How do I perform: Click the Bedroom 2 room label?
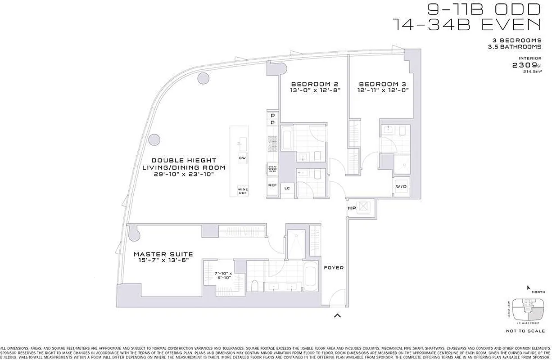click(314, 84)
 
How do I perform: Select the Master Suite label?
click(163, 254)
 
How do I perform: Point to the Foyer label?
click(334, 268)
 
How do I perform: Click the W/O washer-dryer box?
click(401, 187)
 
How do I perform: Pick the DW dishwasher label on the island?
click(242, 158)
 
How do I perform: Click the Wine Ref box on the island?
click(243, 190)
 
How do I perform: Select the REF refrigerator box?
click(272, 185)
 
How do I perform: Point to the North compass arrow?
click(529, 287)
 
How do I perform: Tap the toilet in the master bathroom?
click(254, 285)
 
